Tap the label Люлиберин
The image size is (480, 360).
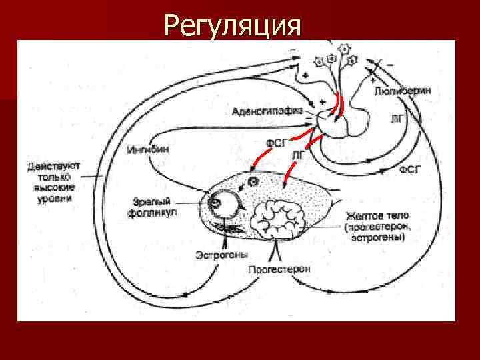(403, 89)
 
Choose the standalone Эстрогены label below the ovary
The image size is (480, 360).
(221, 255)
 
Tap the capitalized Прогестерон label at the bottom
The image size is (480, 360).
(279, 269)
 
